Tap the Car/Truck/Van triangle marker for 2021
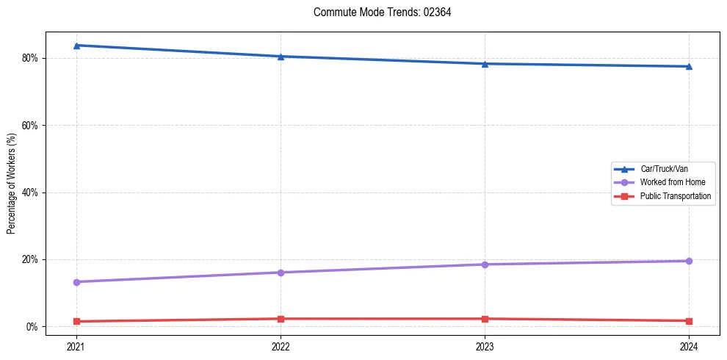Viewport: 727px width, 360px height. pyautogui.click(x=76, y=46)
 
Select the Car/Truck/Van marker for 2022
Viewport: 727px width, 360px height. pyautogui.click(x=281, y=57)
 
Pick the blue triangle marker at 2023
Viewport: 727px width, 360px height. pyautogui.click(x=485, y=64)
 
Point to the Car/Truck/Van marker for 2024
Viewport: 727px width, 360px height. pyautogui.click(x=689, y=67)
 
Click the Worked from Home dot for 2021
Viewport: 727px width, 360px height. pyautogui.click(x=76, y=282)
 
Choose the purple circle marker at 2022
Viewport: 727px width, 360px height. pyautogui.click(x=281, y=273)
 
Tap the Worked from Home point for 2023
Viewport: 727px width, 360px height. pyautogui.click(x=485, y=264)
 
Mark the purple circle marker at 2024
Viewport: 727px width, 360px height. pyautogui.click(x=689, y=261)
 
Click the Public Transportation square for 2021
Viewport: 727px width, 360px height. pyautogui.click(x=76, y=321)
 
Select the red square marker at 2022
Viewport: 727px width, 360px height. pyautogui.click(x=281, y=319)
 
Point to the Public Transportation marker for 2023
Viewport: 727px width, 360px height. pyautogui.click(x=485, y=319)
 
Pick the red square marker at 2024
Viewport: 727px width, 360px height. pyautogui.click(x=689, y=321)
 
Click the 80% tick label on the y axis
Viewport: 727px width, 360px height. pyautogui.click(x=30, y=58)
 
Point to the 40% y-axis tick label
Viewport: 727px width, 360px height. pyautogui.click(x=30, y=192)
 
